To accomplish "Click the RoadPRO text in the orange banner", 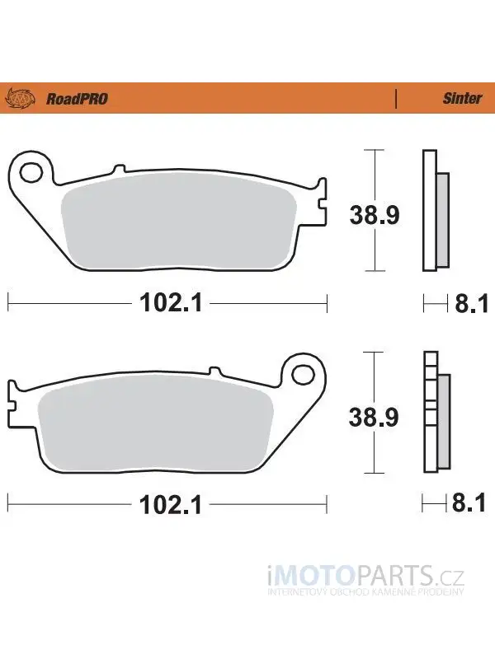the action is click(77, 99).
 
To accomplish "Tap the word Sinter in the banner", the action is click(462, 98).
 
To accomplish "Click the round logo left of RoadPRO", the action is click(20, 98).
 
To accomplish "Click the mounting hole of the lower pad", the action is click(303, 374).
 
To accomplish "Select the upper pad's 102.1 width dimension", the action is click(171, 302).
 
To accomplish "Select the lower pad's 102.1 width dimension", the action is click(171, 504).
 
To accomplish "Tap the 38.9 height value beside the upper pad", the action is click(375, 215).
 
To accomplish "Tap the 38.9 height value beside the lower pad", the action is click(374, 418).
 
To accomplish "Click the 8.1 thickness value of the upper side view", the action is click(471, 303).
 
